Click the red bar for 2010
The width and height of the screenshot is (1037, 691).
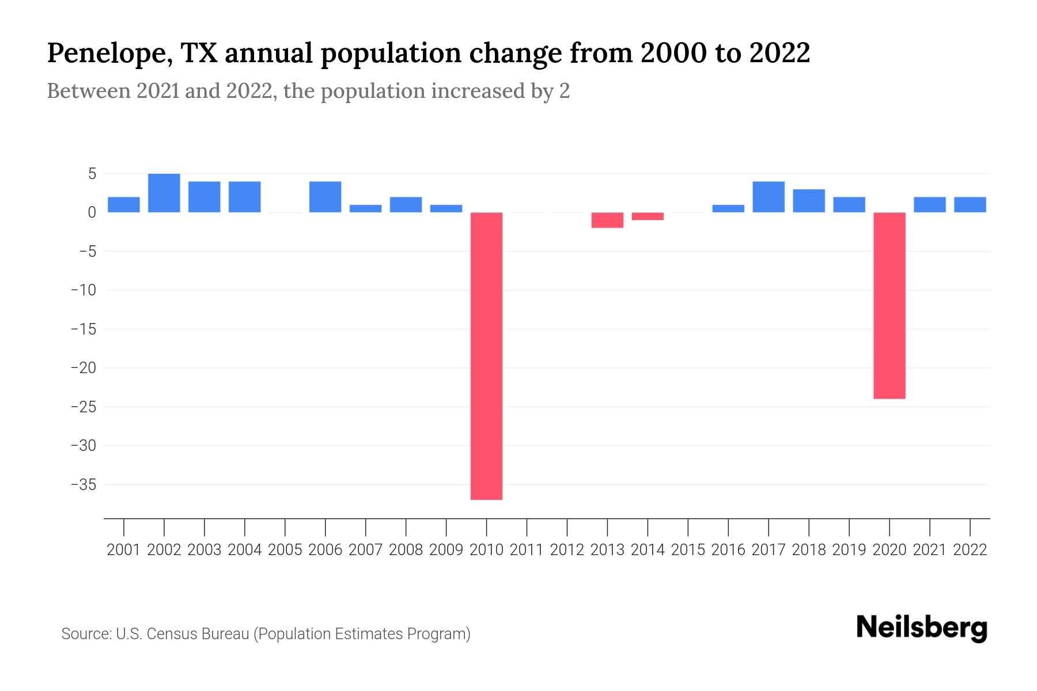486,356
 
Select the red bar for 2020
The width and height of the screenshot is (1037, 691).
889,305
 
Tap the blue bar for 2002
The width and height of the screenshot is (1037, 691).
164,193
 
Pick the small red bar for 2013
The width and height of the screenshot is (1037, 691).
607,220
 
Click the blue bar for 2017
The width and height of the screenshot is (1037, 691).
769,197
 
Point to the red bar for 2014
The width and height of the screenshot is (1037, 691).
648,217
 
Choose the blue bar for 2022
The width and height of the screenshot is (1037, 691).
970,205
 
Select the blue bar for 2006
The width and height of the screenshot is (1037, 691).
326,197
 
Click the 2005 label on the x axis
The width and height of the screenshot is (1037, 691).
285,550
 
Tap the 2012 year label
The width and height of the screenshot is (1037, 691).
567,550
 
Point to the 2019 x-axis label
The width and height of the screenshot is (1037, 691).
849,550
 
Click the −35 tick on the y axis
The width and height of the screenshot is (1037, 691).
84,484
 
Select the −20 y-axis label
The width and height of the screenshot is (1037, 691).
84,368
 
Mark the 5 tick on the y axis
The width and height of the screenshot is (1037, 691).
92,174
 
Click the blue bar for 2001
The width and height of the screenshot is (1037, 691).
124,205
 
